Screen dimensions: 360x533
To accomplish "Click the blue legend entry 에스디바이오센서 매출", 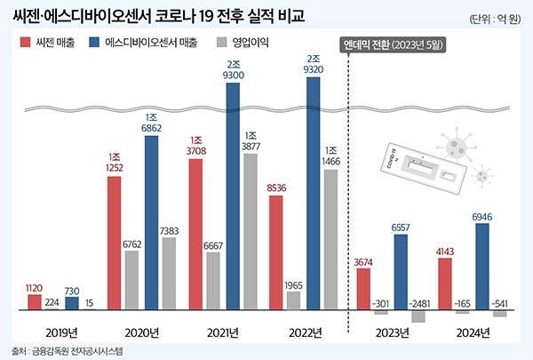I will tap(161, 42).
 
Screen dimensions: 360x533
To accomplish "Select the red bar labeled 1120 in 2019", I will tap(34, 302).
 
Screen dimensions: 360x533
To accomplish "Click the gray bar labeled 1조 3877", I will tap(251, 231).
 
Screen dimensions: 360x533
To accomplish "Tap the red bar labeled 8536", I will tap(275, 252).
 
